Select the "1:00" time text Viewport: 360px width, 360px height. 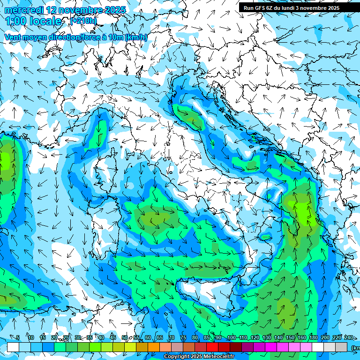[x=17, y=21]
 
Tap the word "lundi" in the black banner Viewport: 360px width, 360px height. [x=291, y=7]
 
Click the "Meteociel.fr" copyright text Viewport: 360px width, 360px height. [x=219, y=356]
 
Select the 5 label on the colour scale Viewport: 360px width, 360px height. [x=18, y=337]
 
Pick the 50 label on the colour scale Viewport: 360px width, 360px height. [x=124, y=337]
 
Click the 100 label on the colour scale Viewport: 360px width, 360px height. [x=231, y=337]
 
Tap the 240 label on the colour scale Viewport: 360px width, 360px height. [x=348, y=337]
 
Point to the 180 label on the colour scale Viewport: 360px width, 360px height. [x=313, y=337]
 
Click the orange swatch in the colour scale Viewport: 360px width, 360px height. [x=154, y=347]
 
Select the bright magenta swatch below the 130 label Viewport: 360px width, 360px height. [x=271, y=347]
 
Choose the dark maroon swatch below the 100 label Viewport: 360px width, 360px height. [x=236, y=347]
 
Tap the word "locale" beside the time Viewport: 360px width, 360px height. [x=46, y=21]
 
